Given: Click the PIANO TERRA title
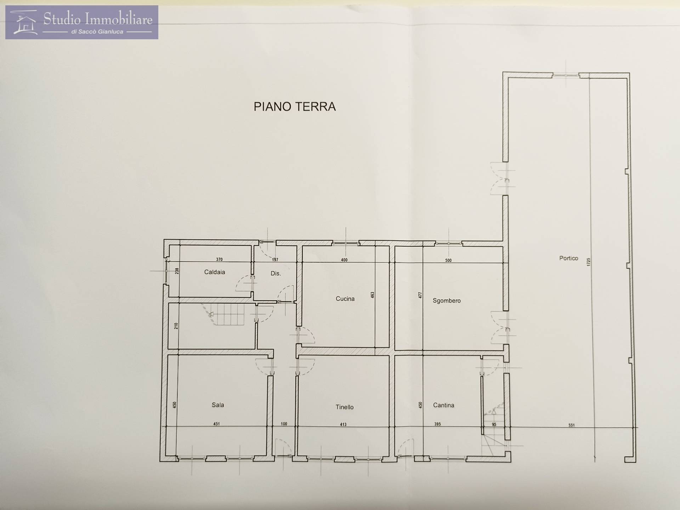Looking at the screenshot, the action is coord(295,107).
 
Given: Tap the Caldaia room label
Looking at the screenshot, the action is coord(215,272).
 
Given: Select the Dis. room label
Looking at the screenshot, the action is coord(276,273).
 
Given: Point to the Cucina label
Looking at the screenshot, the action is coord(345,299).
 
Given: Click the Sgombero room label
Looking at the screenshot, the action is coord(447,301).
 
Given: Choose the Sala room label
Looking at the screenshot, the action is coord(218,405).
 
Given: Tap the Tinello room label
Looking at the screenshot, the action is coord(345,407).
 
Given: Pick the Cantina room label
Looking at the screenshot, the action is coord(443,405).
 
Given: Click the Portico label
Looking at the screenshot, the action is coord(568,258).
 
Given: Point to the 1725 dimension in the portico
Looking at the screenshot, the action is coord(589,262).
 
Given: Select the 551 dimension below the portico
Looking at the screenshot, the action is coord(572,425).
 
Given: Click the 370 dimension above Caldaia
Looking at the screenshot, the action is coord(219,259).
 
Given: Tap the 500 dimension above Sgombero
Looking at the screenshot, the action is coord(448,260).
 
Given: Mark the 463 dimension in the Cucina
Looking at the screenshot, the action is coord(372,295).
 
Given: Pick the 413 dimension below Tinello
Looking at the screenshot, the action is coord(343,424).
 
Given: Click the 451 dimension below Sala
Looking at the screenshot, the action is coord(216,424).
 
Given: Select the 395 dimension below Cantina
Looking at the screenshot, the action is coord(437,424).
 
